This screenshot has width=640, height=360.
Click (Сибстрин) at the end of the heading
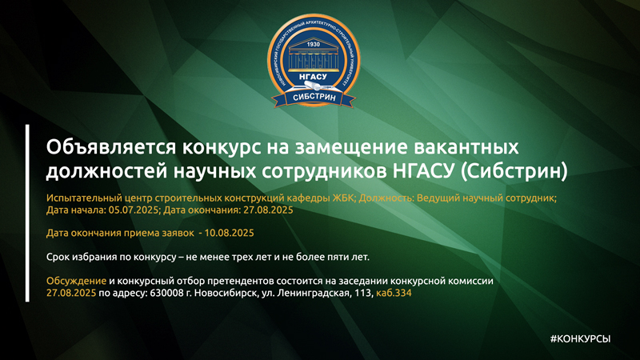point(524,170)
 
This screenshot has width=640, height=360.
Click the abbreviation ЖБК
point(337,198)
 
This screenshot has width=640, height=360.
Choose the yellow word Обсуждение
point(77,282)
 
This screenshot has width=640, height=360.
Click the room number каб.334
point(394,294)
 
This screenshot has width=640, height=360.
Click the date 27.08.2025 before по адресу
point(71,294)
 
